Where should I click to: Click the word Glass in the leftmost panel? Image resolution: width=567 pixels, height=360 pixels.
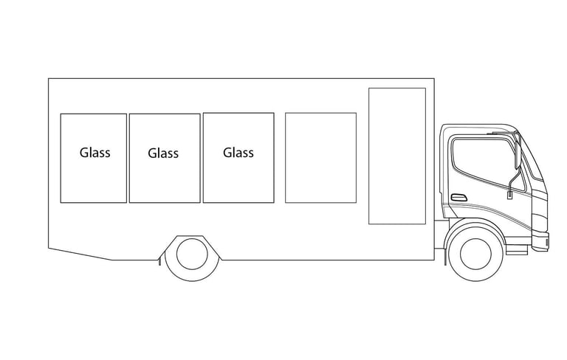pyautogui.click(x=94, y=153)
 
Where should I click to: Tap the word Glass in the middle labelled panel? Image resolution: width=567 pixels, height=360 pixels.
pyautogui.click(x=163, y=153)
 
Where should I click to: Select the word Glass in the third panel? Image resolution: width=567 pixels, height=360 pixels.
pyautogui.click(x=238, y=153)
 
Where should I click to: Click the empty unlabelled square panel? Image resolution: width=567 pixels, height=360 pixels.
pyautogui.click(x=320, y=157)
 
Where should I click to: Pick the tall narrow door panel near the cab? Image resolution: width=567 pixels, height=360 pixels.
pyautogui.click(x=397, y=156)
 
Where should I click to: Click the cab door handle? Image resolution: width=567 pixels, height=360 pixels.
pyautogui.click(x=458, y=197)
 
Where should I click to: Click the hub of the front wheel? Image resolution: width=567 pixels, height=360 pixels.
pyautogui.click(x=475, y=253)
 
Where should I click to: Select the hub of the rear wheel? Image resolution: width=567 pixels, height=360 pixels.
pyautogui.click(x=192, y=254)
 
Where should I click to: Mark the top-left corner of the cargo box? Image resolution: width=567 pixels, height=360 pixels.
pyautogui.click(x=49, y=79)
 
